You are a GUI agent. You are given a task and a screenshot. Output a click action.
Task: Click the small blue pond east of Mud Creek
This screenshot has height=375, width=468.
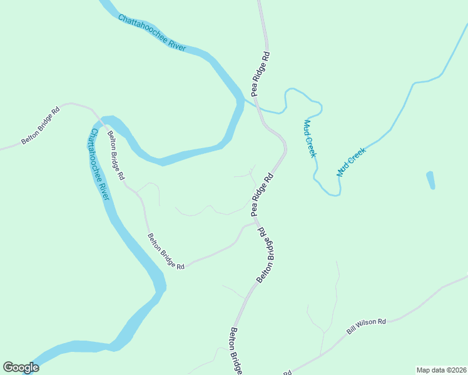[x=430, y=180]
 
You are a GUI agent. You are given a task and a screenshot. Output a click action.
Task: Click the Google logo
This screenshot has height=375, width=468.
[x=21, y=367]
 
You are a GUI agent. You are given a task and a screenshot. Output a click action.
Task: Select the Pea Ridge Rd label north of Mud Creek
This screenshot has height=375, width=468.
[x=261, y=74]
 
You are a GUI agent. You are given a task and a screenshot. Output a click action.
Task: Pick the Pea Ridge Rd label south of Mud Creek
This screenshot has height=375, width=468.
[x=263, y=195]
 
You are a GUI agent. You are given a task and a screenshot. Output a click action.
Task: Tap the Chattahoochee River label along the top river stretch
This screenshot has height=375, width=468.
[x=152, y=33]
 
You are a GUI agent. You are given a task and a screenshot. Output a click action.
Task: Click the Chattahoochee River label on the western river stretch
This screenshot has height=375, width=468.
[x=99, y=164]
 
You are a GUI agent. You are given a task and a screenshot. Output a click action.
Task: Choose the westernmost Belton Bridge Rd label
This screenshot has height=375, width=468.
[x=40, y=125]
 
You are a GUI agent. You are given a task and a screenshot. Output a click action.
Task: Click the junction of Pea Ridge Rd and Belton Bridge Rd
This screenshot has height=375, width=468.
[x=255, y=220]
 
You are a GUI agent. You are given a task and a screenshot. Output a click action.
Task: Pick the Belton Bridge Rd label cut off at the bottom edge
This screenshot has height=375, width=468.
[x=236, y=351]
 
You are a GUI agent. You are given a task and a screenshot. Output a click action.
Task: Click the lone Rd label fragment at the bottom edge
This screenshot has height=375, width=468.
[x=288, y=372]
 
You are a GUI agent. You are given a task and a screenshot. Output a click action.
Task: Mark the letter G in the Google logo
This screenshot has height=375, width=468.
[x=8, y=367]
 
